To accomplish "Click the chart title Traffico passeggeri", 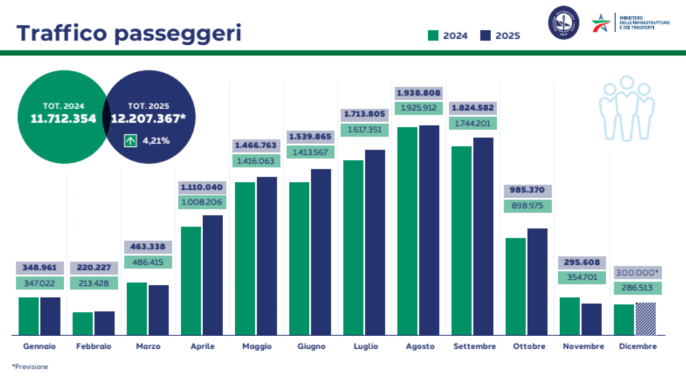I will coord(129,32).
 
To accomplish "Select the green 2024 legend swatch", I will coord(433,36).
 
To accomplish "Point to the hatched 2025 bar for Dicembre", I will coord(646,319).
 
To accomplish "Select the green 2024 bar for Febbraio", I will coord(82,323).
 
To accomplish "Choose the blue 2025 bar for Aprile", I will coord(212,274).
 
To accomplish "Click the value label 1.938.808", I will coord(419,93).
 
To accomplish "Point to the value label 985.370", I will coord(527,190).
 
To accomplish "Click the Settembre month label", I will coord(474,347).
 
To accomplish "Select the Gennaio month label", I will coord(40,347).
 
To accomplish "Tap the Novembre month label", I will coord(582,347).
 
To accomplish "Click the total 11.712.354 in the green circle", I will coord(63,119).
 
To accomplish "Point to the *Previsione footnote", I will coord(30,367).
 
